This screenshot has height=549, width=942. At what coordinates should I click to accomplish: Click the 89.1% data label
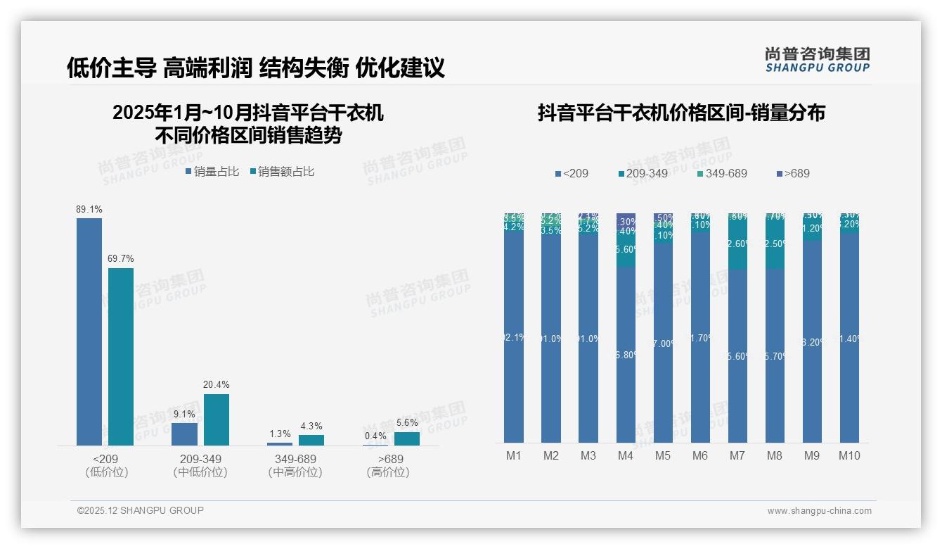click(x=89, y=209)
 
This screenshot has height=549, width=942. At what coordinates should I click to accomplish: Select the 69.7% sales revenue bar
click(x=121, y=356)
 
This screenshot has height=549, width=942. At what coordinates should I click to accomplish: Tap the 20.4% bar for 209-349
click(x=217, y=419)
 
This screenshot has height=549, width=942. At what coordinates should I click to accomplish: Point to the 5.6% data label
click(x=407, y=422)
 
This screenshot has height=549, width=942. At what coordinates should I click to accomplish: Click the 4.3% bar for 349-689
click(x=311, y=440)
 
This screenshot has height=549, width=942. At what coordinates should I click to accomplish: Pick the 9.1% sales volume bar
click(x=184, y=434)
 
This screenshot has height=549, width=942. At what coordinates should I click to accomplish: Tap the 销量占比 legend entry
click(x=212, y=172)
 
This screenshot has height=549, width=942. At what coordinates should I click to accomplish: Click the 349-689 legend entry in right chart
click(x=722, y=173)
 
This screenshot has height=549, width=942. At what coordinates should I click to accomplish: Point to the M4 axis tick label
click(x=626, y=455)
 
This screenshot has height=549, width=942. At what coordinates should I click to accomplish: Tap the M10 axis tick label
click(x=849, y=455)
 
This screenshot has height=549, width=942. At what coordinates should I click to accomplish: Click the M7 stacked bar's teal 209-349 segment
click(x=737, y=244)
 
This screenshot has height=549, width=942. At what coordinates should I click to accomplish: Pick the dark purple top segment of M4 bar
click(x=626, y=219)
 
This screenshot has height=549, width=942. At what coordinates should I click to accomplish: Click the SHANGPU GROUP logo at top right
click(x=817, y=60)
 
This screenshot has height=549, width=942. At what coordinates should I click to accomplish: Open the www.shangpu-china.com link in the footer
click(x=819, y=511)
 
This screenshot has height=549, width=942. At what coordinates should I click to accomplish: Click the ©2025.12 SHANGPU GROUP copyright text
click(x=141, y=510)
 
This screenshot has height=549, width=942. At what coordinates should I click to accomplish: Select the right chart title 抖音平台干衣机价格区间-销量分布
click(x=681, y=113)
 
